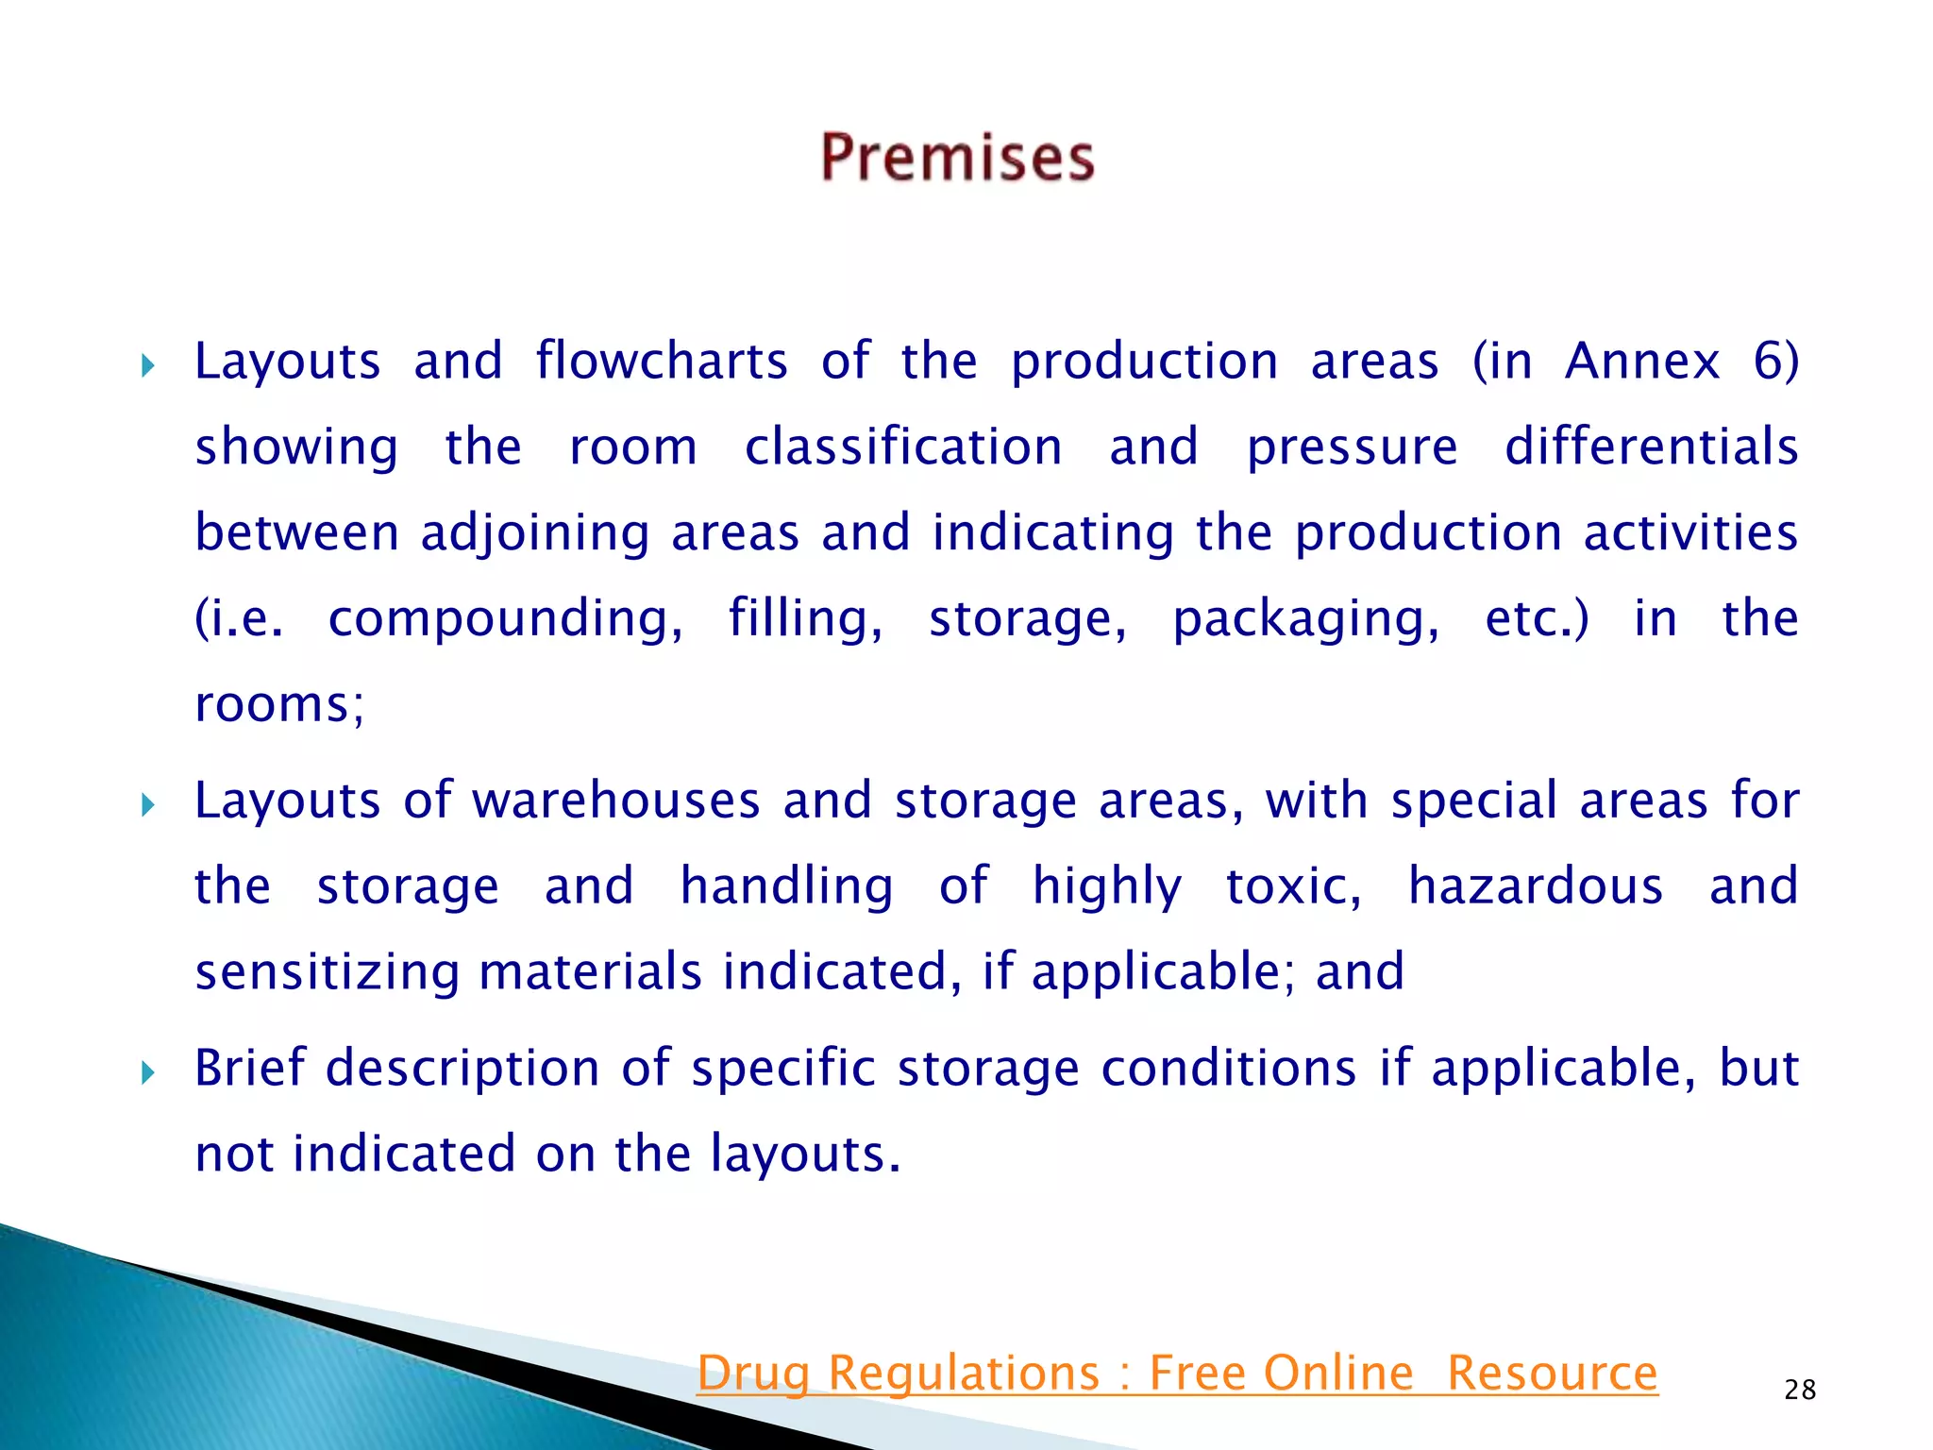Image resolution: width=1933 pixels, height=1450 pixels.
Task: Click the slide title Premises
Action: coord(957,157)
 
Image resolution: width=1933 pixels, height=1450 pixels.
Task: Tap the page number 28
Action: coord(1800,1390)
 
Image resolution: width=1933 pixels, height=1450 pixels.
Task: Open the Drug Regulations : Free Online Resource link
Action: coord(1177,1373)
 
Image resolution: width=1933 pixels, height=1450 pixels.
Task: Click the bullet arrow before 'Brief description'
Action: coord(147,1072)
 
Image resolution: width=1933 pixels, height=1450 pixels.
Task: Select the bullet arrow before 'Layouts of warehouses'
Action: coord(147,805)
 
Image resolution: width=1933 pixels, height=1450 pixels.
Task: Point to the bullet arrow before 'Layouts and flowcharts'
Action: coord(147,365)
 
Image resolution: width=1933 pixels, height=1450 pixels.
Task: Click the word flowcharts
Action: coord(662,362)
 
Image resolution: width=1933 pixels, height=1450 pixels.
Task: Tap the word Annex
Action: coord(1642,362)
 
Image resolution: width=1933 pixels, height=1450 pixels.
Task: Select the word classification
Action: coord(903,447)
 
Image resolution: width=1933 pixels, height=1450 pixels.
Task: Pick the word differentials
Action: coord(1651,447)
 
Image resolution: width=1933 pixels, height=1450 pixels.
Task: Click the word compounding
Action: coord(505,620)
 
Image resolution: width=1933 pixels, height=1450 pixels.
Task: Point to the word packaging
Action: coord(1305,620)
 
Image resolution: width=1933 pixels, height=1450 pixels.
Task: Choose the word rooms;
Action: coord(279,705)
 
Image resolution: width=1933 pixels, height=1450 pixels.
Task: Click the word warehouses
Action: coord(615,801)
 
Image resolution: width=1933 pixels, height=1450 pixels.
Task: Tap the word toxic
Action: coord(1293,886)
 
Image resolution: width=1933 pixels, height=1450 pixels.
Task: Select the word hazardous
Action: coord(1536,886)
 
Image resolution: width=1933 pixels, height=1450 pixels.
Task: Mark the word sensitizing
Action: coord(328,972)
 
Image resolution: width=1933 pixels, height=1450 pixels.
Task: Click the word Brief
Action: coord(250,1068)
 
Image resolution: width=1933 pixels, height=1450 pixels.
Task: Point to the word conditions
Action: coord(1229,1068)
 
